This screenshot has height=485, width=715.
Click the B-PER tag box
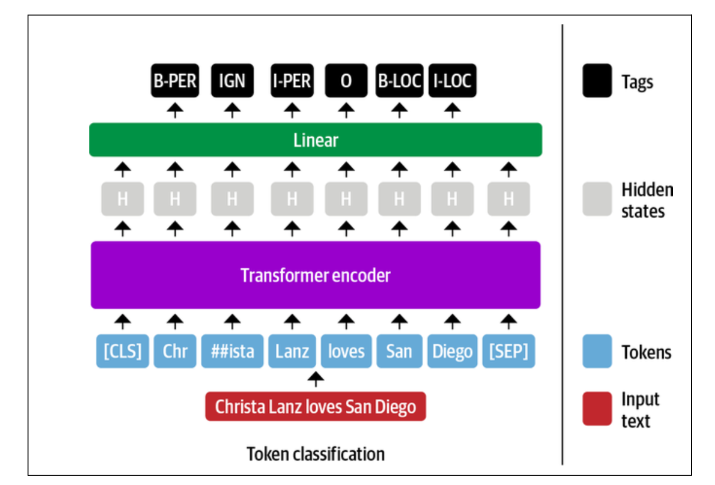(175, 81)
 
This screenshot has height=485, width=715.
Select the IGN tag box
(232, 81)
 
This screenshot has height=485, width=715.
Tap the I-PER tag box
(292, 81)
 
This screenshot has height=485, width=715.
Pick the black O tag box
(346, 81)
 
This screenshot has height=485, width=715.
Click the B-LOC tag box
(399, 81)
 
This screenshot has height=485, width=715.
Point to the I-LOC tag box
(452, 81)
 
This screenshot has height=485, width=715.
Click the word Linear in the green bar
(316, 140)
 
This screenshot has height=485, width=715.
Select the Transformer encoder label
(316, 275)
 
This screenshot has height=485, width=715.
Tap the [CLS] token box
(122, 351)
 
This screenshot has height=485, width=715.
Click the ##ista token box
(232, 351)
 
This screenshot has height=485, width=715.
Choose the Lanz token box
(292, 351)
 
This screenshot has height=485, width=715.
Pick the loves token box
(346, 351)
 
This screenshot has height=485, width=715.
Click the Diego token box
(452, 351)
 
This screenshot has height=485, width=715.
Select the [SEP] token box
(508, 351)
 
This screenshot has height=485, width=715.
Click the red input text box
(316, 407)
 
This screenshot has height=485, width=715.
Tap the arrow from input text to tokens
(316, 379)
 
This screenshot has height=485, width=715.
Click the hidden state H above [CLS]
(122, 199)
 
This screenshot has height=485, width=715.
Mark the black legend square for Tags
(597, 81)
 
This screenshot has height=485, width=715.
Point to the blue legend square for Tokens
(597, 351)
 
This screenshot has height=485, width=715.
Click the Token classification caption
(316, 454)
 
